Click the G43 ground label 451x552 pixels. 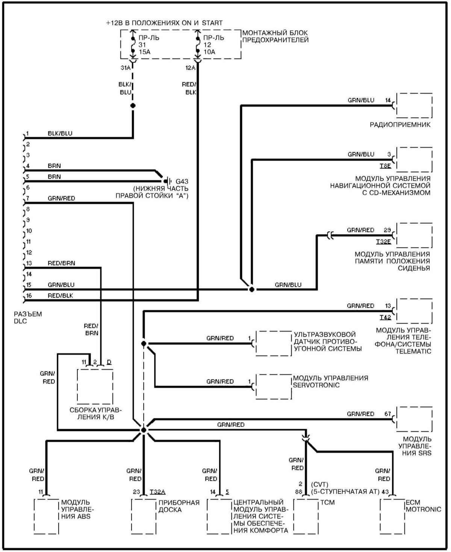(x=182, y=182)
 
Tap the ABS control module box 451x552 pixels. (x=46, y=516)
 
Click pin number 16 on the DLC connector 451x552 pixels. (x=29, y=296)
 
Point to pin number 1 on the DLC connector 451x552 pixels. (x=27, y=133)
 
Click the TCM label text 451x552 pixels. (x=327, y=502)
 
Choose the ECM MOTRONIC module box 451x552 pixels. (x=392, y=516)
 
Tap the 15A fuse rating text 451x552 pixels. (x=144, y=52)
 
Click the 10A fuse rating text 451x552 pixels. (x=209, y=52)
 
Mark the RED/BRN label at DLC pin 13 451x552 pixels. (x=61, y=263)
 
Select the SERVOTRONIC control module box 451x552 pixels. (x=273, y=386)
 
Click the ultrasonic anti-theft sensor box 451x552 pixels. (x=273, y=343)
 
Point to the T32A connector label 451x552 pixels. (x=157, y=492)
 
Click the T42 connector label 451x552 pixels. (x=385, y=317)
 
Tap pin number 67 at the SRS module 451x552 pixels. (x=388, y=414)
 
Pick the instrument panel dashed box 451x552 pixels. (x=144, y=516)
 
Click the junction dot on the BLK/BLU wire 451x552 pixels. (x=133, y=106)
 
